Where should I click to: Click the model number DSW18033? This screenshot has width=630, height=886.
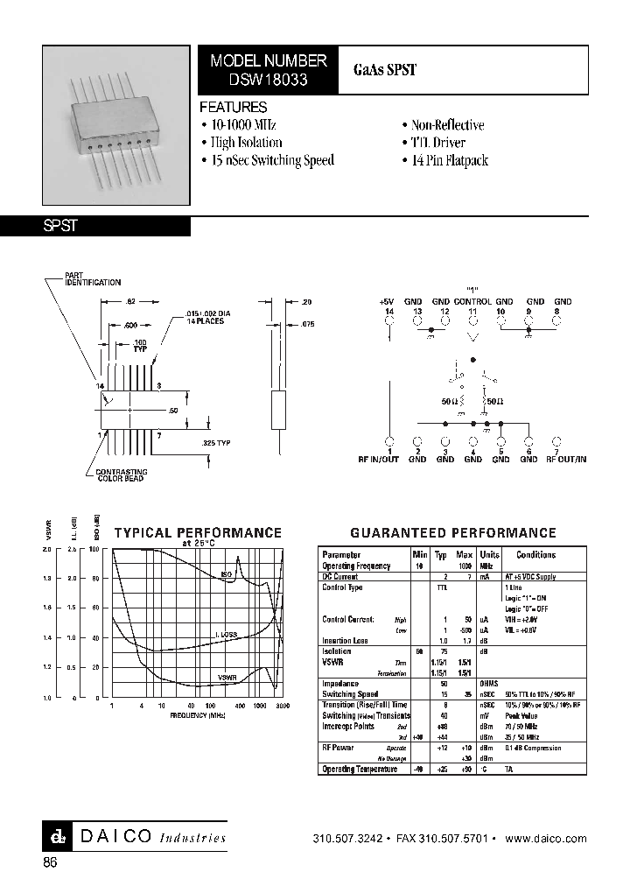coord(269,79)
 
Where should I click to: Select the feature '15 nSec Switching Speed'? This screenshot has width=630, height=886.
coord(271,160)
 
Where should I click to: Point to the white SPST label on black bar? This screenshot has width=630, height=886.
coord(61,226)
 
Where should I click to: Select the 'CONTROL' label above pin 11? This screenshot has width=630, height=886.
coord(472,301)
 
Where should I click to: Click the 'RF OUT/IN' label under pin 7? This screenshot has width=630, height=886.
coord(566,459)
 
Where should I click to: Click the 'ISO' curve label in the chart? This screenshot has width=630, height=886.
coord(226,574)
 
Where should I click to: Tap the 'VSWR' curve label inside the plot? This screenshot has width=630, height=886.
coord(227,677)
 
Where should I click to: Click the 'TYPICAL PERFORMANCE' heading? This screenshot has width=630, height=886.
coord(198,531)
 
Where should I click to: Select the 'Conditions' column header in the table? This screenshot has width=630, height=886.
coord(535,555)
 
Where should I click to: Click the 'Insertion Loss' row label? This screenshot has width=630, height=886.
coord(346,641)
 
